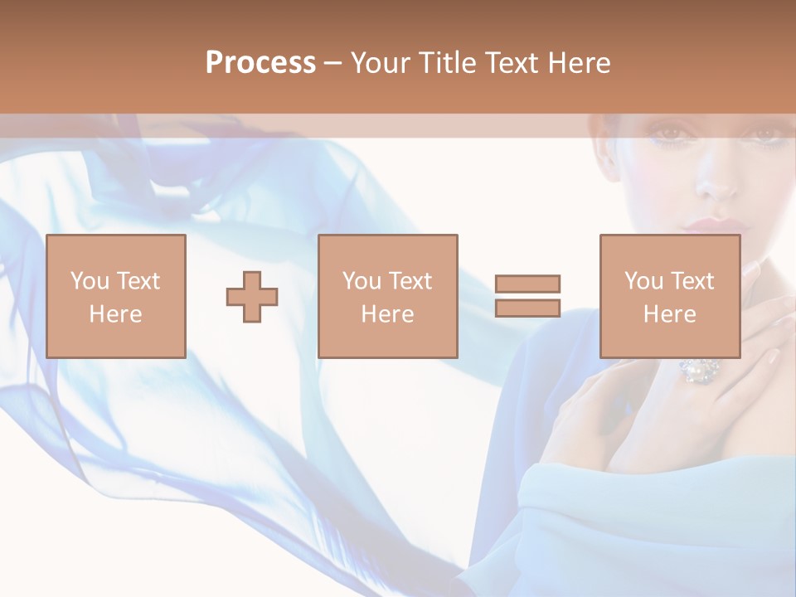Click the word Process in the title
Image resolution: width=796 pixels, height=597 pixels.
click(260, 63)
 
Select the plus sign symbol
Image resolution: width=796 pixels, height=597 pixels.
click(252, 297)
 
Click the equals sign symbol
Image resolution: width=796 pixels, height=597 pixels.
click(527, 296)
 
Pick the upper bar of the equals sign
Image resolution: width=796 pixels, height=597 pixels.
click(527, 284)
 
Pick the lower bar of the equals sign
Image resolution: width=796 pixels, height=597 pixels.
click(527, 308)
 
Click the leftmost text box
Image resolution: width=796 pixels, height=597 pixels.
click(116, 296)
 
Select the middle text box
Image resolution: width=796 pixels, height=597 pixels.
click(388, 296)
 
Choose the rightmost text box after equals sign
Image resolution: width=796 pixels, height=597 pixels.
click(670, 296)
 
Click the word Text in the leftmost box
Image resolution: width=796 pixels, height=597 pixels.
click(138, 281)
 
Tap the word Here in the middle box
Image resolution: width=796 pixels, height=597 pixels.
click(388, 314)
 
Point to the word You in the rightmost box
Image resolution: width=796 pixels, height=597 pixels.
click(643, 281)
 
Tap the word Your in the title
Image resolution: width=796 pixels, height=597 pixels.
click(381, 63)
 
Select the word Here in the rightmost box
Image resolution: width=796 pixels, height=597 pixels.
click(670, 314)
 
